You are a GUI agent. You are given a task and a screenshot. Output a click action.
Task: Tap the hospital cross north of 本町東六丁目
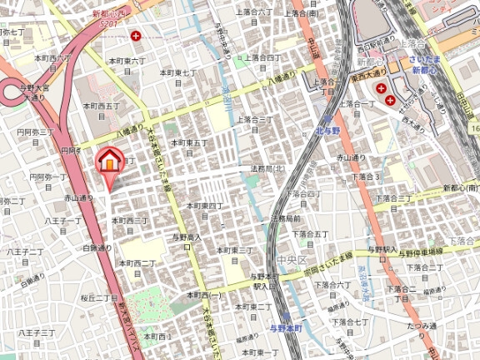(136, 36)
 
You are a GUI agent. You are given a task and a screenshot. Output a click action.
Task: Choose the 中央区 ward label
(292, 261)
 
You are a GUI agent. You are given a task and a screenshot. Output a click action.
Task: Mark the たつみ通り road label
(422, 326)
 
